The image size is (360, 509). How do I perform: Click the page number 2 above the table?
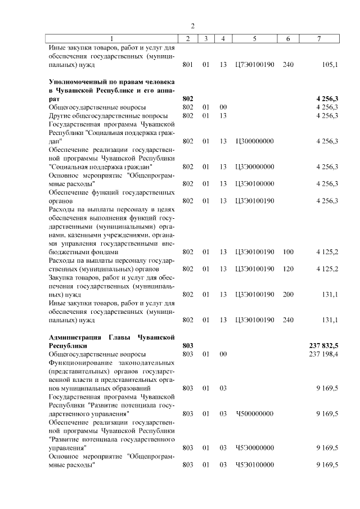click(192, 26)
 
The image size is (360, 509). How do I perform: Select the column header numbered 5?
click(255, 38)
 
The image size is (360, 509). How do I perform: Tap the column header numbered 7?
click(319, 38)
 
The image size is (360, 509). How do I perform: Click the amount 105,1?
click(330, 65)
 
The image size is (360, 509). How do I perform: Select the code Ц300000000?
click(255, 141)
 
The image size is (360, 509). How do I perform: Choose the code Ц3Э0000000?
click(255, 166)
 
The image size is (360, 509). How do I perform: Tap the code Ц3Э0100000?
click(255, 183)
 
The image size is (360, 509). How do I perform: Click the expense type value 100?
click(288, 251)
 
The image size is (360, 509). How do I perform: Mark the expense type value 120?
click(288, 268)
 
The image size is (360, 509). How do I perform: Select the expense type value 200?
click(288, 294)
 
